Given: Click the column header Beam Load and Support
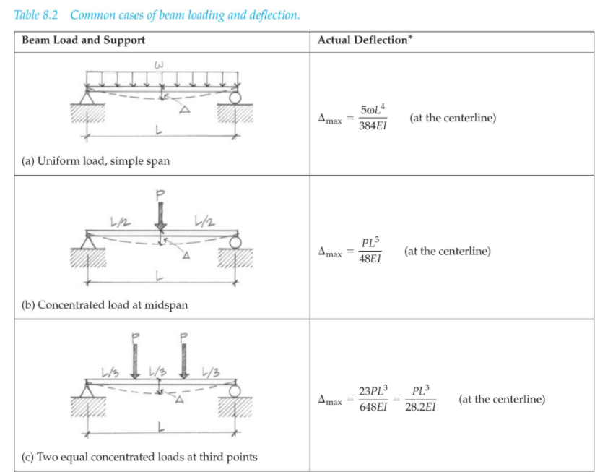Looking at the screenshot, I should click(x=83, y=40).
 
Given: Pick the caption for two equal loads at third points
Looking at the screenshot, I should click(x=139, y=456).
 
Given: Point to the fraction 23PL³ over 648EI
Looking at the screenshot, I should click(x=373, y=399).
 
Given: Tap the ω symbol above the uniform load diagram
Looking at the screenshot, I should click(x=160, y=66).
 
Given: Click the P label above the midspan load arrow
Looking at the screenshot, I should click(x=161, y=194).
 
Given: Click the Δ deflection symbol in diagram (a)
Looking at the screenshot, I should click(x=184, y=109).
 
